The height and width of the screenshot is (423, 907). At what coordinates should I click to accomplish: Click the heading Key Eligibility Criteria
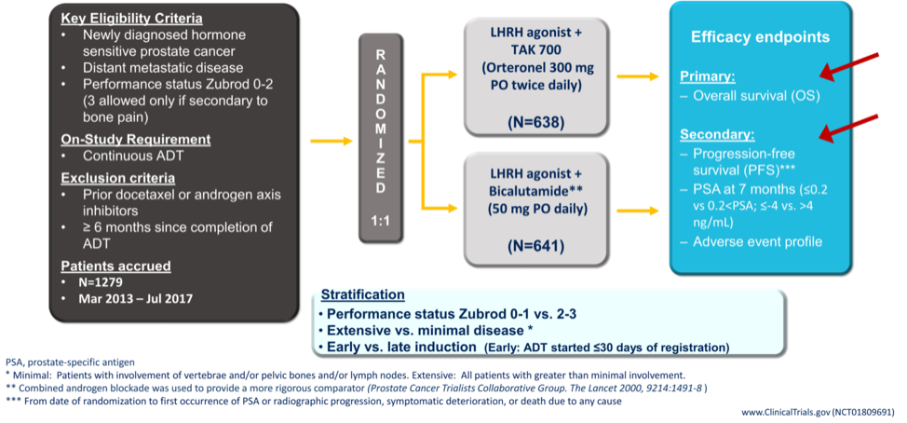pos(132,19)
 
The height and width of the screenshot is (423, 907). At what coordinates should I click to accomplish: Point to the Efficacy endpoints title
pos(761,37)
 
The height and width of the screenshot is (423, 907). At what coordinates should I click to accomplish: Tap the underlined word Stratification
pos(362,294)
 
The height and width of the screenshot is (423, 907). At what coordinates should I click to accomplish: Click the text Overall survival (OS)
pos(756,96)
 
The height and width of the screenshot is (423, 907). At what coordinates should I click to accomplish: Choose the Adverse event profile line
pos(758,241)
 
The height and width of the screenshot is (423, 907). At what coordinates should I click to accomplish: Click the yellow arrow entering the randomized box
pos(332,141)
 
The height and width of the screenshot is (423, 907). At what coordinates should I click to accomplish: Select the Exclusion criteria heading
pos(118,178)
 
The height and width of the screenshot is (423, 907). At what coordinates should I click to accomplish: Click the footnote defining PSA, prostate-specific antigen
pos(70,362)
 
